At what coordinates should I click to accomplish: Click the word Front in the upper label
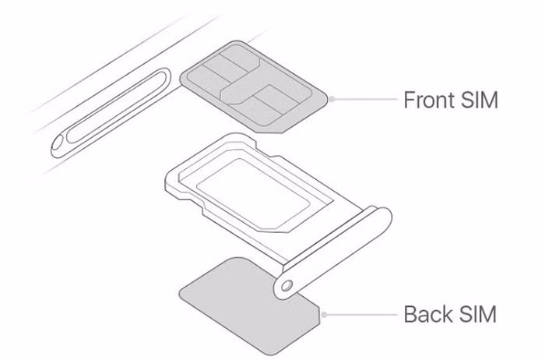click(429, 100)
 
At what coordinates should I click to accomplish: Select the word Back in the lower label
click(428, 314)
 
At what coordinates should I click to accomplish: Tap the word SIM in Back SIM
click(478, 314)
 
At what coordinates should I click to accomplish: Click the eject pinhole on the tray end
click(287, 286)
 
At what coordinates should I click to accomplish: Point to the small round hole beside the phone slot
click(58, 144)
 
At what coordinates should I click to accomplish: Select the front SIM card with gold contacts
click(254, 87)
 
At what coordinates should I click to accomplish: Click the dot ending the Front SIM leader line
click(332, 100)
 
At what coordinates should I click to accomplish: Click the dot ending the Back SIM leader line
click(324, 315)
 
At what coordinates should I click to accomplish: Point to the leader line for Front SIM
click(364, 100)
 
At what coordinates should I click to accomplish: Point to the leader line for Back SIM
click(360, 315)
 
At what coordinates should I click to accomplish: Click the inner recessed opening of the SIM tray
click(253, 195)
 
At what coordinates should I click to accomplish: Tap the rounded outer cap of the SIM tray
click(333, 253)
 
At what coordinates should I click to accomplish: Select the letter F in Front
click(410, 100)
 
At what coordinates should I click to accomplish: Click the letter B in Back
click(410, 314)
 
